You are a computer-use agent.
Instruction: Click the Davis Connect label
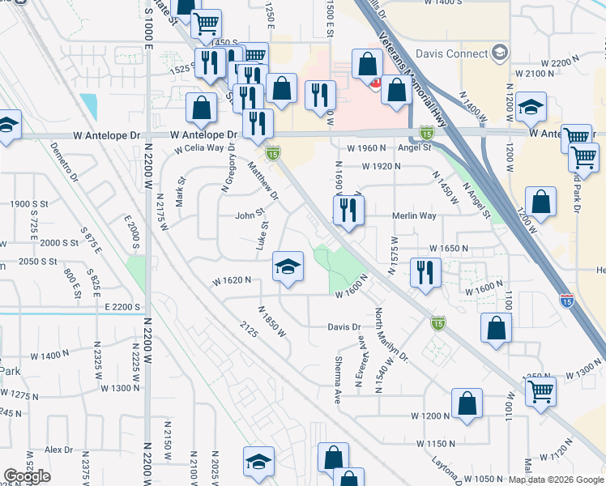coord(448,53)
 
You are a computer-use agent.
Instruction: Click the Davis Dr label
coord(344,326)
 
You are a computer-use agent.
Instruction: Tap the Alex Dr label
coord(58,450)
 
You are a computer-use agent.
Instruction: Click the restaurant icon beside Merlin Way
coord(349,211)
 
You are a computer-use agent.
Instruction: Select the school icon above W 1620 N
coord(288,266)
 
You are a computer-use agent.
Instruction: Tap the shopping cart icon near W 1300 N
coord(540,392)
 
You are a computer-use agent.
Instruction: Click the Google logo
coord(28,476)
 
